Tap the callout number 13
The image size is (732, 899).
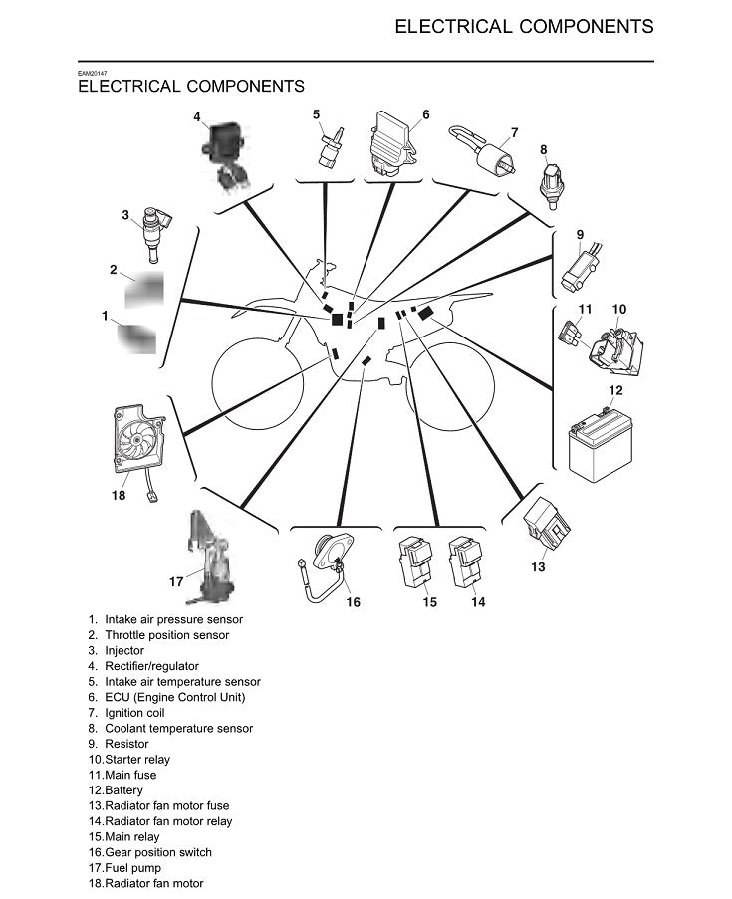[x=538, y=567]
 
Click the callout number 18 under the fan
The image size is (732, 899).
[x=119, y=495]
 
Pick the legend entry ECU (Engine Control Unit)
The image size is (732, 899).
[x=174, y=697]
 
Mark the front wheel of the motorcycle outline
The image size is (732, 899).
[x=255, y=388]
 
